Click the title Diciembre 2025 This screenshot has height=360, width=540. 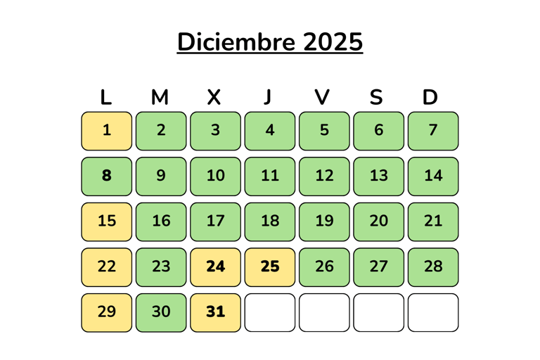click(x=270, y=42)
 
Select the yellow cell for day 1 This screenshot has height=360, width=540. click(x=107, y=131)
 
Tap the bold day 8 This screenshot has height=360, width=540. click(x=107, y=176)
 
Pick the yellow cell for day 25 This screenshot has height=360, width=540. click(x=270, y=267)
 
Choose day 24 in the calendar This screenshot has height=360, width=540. click(x=216, y=267)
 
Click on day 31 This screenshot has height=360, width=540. click(x=216, y=312)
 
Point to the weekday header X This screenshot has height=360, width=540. click(x=214, y=98)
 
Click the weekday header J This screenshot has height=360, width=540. click(x=267, y=98)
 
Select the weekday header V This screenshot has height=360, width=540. click(x=322, y=98)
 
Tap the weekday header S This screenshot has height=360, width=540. click(x=376, y=98)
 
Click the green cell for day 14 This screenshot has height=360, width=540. click(x=433, y=176)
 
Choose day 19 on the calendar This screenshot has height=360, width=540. click(x=324, y=221)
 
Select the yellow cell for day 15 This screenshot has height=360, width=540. click(x=107, y=221)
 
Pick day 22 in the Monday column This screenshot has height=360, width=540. click(x=107, y=267)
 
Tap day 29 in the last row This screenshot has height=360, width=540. click(x=107, y=312)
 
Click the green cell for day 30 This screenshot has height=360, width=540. click(x=161, y=312)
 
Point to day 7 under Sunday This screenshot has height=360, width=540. click(x=433, y=131)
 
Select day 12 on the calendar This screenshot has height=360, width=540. click(x=324, y=176)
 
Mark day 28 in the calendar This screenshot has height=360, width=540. click(x=433, y=267)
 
